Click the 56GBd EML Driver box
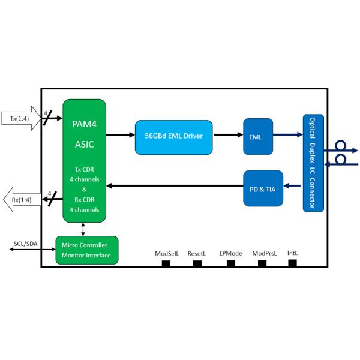[x=173, y=136]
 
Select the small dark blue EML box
[x=257, y=136]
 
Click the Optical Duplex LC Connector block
[x=313, y=162]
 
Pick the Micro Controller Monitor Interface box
[x=86, y=250]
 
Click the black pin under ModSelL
[x=167, y=263]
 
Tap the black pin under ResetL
[x=197, y=263]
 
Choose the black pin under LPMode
[x=230, y=263]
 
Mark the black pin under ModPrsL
[x=263, y=263]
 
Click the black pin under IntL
[x=293, y=263]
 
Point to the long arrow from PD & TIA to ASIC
[x=174, y=185]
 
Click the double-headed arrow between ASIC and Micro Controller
[x=83, y=229]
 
